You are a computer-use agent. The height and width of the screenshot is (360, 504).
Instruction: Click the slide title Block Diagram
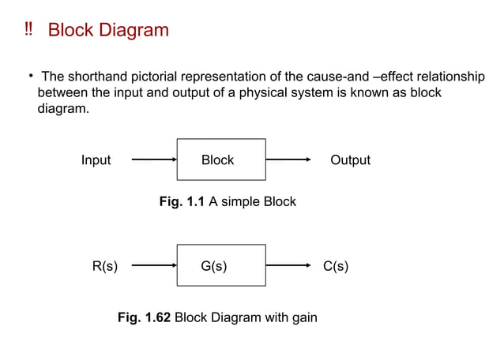point(108,31)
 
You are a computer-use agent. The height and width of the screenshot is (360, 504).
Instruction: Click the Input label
point(96,160)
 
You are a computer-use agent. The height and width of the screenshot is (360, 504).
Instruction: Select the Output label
point(350,160)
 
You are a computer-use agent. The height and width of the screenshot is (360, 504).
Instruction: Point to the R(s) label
point(105,266)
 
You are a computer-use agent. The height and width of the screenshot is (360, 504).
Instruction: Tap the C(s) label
point(336,266)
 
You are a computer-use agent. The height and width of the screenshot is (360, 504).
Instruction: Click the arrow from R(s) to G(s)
point(153,266)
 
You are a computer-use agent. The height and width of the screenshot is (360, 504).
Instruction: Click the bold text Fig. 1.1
point(182,202)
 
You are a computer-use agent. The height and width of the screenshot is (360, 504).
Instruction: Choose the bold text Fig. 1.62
point(144,318)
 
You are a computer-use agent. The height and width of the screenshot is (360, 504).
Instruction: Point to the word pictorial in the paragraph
point(156,77)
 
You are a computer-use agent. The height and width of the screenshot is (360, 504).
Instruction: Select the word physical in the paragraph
point(329,92)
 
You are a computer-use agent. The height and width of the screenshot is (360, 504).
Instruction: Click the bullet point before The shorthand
point(30,76)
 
